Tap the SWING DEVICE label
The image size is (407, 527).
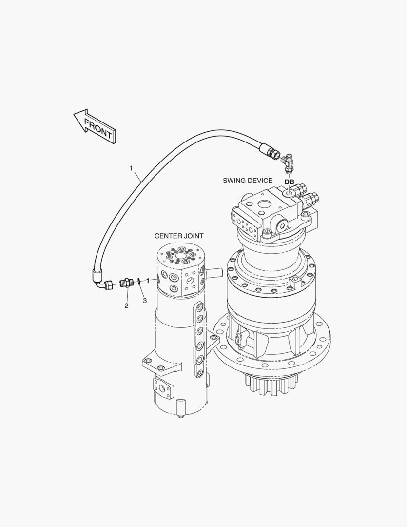point(248,181)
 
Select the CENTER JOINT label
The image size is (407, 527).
point(179,236)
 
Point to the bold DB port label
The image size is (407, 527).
point(289,182)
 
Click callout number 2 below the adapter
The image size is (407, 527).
point(126,306)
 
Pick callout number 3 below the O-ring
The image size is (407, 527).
point(145,301)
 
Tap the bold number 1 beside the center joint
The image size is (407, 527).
point(147,281)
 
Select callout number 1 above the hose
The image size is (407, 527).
point(131,168)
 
